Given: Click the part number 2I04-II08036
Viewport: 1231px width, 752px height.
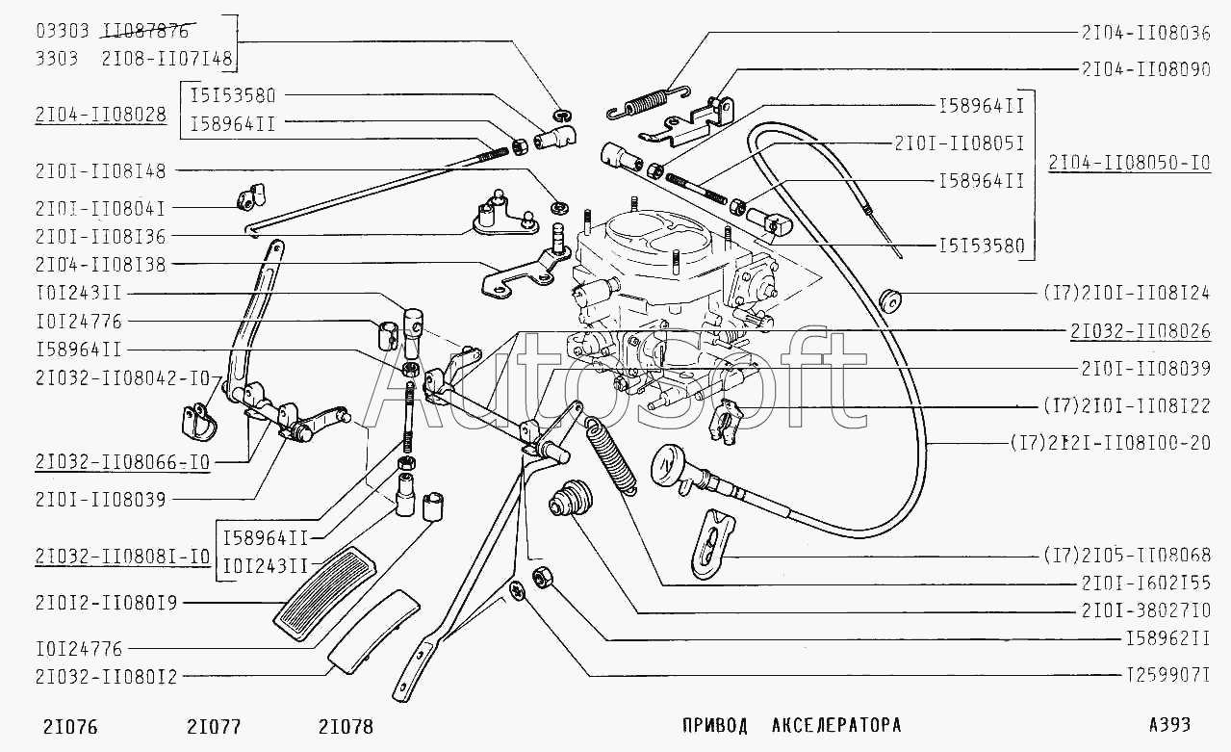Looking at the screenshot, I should pyautogui.click(x=1145, y=32).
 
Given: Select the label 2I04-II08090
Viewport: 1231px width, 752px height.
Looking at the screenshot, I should pyautogui.click(x=1145, y=69).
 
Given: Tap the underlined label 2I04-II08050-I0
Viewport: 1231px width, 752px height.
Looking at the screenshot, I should pyautogui.click(x=1129, y=163).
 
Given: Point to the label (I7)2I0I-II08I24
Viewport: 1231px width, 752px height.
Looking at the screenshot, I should pyautogui.click(x=1125, y=293).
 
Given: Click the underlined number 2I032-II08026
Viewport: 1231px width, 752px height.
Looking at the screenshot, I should pyautogui.click(x=1140, y=331).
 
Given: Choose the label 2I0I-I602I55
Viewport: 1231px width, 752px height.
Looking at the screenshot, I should pyautogui.click(x=1145, y=584).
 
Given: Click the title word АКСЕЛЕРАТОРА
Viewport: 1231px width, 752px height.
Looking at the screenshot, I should pyautogui.click(x=835, y=725).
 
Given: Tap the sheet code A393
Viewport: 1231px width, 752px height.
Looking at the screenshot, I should pyautogui.click(x=1168, y=725).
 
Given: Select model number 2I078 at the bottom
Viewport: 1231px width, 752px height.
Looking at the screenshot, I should pyautogui.click(x=346, y=727).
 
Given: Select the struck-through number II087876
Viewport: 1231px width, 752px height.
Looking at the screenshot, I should pyautogui.click(x=145, y=32).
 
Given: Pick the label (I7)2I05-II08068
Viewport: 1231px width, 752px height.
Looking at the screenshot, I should pyautogui.click(x=1125, y=557).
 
